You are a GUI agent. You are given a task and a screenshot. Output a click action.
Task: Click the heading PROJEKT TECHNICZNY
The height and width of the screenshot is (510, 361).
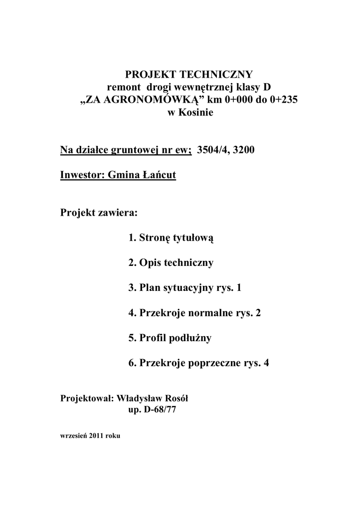point(189,75)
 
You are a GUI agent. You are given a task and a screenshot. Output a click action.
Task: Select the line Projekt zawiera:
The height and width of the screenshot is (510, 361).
point(98,213)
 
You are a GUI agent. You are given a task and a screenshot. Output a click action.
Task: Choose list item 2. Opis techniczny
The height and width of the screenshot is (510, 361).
point(171,263)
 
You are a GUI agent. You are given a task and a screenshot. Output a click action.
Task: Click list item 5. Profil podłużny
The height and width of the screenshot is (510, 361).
point(170,338)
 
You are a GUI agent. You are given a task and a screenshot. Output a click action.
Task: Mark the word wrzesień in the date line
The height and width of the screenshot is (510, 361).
point(74,435)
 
